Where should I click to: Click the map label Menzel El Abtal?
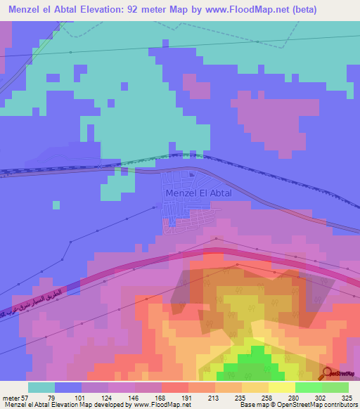(198, 193)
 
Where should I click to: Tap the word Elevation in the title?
(114, 10)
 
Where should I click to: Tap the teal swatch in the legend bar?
(41, 387)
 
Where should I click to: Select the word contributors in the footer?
(339, 404)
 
